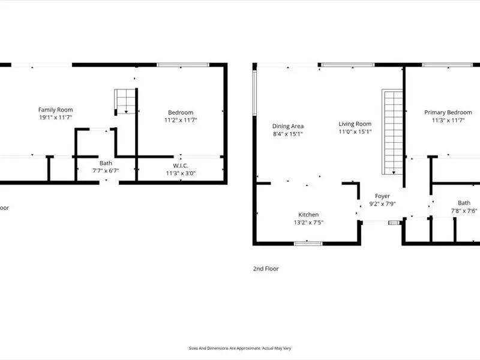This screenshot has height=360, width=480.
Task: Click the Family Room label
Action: [55, 110]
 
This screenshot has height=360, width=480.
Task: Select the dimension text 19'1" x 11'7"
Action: [55, 117]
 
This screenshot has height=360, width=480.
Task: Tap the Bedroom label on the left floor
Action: [181, 112]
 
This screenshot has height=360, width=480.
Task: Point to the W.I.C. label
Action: [181, 166]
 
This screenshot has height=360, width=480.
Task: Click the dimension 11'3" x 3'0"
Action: [181, 173]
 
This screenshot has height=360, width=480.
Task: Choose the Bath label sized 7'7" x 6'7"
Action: [106, 163]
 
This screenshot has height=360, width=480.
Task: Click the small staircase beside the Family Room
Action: [125, 101]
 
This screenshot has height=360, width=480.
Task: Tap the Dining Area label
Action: [288, 126]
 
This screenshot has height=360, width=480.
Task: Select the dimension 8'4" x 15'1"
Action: [288, 134]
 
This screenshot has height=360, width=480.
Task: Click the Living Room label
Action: [355, 124]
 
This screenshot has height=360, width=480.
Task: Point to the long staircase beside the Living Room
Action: [392, 132]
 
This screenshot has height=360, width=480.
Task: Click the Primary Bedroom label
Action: [448, 112]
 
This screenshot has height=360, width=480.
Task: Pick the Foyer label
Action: [382, 196]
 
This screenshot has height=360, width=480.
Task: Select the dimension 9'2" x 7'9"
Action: [382, 203]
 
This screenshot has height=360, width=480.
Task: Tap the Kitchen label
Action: [308, 215]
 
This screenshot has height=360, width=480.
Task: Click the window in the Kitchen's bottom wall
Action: [308, 244]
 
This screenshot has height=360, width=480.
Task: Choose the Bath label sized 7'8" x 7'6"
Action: [464, 203]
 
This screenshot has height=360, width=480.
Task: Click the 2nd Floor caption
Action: [266, 269]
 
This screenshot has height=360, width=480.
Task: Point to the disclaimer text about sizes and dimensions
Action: [240, 348]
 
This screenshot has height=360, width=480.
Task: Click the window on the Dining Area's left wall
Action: [254, 93]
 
